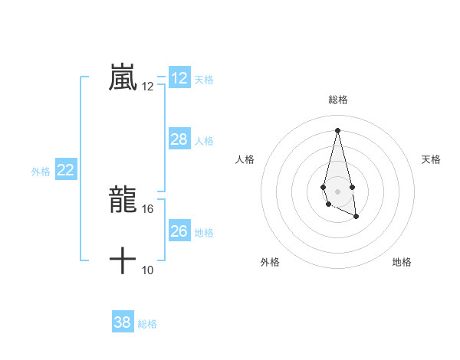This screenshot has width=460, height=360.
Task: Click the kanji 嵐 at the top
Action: [x=123, y=77]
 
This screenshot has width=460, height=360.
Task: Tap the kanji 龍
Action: [x=123, y=200]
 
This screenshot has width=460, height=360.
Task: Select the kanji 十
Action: [x=123, y=260]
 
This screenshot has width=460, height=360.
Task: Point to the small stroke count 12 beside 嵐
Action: [x=148, y=87]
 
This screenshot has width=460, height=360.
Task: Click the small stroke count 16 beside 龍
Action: [x=148, y=208]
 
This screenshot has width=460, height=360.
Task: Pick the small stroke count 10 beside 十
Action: [x=148, y=270]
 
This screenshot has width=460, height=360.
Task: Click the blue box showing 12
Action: [x=179, y=78]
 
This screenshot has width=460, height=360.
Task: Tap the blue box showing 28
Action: [x=179, y=139]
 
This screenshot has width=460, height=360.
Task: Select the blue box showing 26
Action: [x=179, y=231]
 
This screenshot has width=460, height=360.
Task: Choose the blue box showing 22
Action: [x=66, y=170]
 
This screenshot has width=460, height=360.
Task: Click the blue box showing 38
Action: [x=123, y=322]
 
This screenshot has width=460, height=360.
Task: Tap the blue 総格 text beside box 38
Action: [x=147, y=324]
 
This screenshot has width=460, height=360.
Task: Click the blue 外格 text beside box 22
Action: [x=41, y=172]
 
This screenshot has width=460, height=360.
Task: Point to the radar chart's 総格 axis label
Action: [x=338, y=100]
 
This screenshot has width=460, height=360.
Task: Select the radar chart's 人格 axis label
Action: [x=245, y=159]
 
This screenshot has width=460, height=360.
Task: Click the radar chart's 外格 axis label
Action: [x=270, y=262]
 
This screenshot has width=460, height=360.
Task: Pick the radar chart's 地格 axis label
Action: [x=402, y=262]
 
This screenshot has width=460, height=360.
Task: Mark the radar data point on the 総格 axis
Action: [x=337, y=129]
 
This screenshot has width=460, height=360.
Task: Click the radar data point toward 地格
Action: [x=356, y=217]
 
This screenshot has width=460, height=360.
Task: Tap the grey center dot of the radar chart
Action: [x=337, y=190]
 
